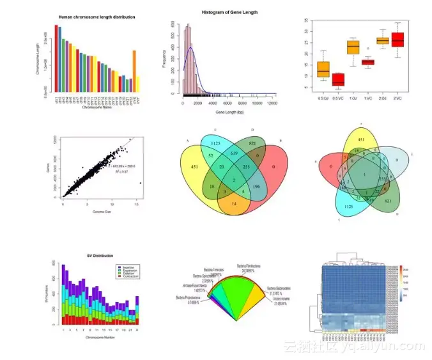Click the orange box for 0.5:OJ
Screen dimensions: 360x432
[x=323, y=68]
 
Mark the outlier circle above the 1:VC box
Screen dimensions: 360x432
[x=367, y=49]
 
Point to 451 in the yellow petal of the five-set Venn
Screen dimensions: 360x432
[x=361, y=139]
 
